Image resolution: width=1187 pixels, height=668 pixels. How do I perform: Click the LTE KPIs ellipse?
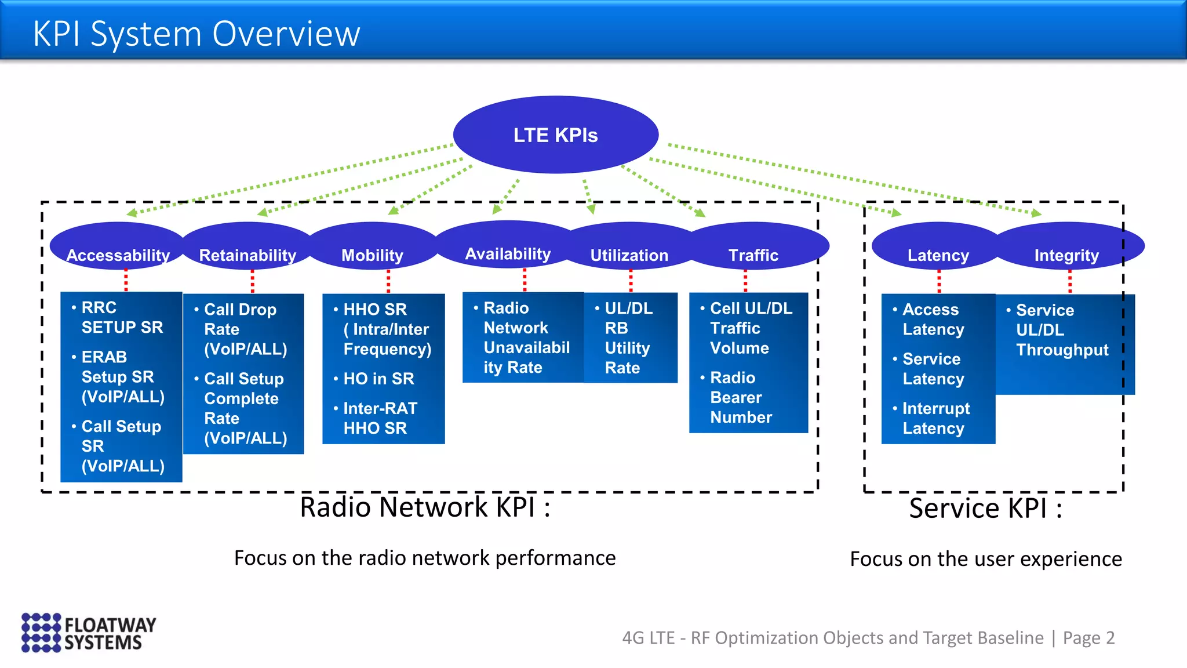click(x=555, y=135)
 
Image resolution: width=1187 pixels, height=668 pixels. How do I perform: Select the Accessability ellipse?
click(x=118, y=249)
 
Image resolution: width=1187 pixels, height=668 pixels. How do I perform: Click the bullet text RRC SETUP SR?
click(x=122, y=317)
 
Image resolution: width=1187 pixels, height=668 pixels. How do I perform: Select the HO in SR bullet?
click(x=378, y=379)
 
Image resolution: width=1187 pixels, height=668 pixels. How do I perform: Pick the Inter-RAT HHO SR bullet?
click(x=380, y=418)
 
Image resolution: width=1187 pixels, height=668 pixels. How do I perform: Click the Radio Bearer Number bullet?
click(x=741, y=398)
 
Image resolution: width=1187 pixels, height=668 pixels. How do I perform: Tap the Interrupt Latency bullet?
click(x=935, y=418)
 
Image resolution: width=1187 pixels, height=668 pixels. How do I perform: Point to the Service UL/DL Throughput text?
click(x=1061, y=330)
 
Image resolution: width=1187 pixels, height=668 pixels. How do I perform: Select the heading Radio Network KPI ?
click(x=425, y=507)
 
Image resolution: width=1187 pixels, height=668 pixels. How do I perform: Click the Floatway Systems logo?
click(x=89, y=633)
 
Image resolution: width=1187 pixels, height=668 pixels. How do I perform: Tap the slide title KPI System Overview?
click(x=196, y=34)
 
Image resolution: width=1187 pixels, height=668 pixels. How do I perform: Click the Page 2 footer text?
click(x=1088, y=638)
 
